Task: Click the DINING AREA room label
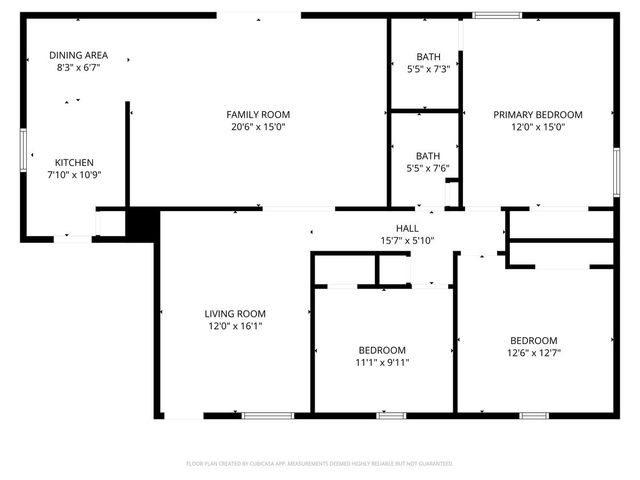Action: pos(79,55)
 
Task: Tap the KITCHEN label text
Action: pos(74,162)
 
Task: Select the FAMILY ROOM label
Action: pos(258,115)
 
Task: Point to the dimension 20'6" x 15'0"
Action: pos(258,127)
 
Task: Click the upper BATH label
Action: pos(428,56)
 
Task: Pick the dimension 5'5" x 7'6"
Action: pos(428,168)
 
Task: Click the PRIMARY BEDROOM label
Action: pos(538,115)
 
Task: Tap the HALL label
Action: pos(407,228)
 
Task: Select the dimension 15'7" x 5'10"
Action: pos(407,240)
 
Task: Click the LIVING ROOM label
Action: pos(236,313)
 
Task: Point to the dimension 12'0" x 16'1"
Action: pos(236,325)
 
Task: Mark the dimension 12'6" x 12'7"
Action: pos(534,352)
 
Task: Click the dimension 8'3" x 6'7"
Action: pos(79,67)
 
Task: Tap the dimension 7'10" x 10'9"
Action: pos(74,174)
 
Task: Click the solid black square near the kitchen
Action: pos(143,223)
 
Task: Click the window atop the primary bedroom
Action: pos(497,15)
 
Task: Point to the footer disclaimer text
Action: pos(320,464)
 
